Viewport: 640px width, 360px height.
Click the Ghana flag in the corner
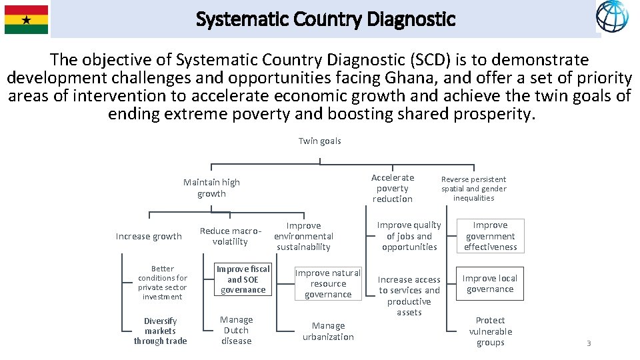click(26, 19)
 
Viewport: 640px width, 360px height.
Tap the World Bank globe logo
click(611, 17)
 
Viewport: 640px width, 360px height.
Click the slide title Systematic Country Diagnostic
click(325, 19)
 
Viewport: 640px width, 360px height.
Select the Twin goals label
click(319, 141)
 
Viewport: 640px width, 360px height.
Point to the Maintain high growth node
click(211, 188)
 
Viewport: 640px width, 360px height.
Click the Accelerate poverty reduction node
click(393, 188)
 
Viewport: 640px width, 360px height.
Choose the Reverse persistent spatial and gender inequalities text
click(473, 189)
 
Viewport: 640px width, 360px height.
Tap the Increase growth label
click(149, 236)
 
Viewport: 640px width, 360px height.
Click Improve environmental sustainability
click(303, 236)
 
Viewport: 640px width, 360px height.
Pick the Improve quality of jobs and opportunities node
click(409, 236)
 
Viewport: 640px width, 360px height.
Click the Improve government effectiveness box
click(490, 236)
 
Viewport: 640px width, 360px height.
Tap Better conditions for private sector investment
click(162, 283)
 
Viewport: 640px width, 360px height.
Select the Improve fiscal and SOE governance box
click(243, 279)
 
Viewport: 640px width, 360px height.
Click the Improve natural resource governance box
click(328, 283)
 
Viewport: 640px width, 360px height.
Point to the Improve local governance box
click(490, 283)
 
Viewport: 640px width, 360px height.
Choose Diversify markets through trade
click(160, 331)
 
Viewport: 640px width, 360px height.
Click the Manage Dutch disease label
click(236, 330)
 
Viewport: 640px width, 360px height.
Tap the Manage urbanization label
click(328, 331)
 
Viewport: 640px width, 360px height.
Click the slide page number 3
click(589, 343)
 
